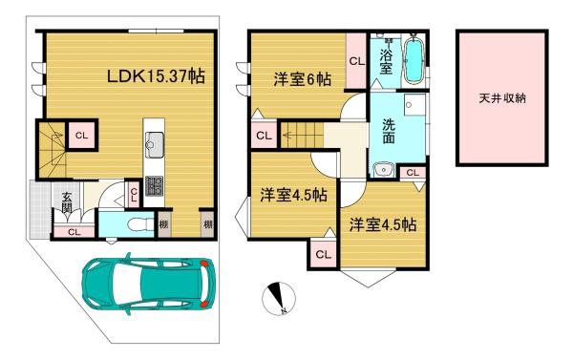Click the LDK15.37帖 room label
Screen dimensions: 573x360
click(156, 76)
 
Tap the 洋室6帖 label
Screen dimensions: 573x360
click(303, 79)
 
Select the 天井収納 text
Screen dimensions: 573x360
click(502, 98)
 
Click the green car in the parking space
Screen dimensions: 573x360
click(149, 284)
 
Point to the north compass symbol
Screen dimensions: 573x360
click(279, 299)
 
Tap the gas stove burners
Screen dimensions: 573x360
click(154, 186)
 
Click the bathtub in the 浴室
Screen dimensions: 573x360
click(414, 60)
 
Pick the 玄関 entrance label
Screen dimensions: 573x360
click(67, 202)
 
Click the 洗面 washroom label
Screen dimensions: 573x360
click(389, 131)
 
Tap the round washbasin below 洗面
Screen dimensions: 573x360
click(383, 170)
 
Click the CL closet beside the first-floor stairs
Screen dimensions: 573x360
click(81, 136)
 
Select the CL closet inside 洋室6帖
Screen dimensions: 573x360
click(356, 61)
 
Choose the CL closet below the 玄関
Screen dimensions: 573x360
click(74, 232)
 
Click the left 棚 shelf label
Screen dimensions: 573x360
click(163, 224)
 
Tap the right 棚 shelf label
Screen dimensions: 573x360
click(207, 224)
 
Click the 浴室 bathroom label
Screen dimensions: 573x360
click(386, 61)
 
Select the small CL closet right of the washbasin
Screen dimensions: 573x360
click(413, 173)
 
